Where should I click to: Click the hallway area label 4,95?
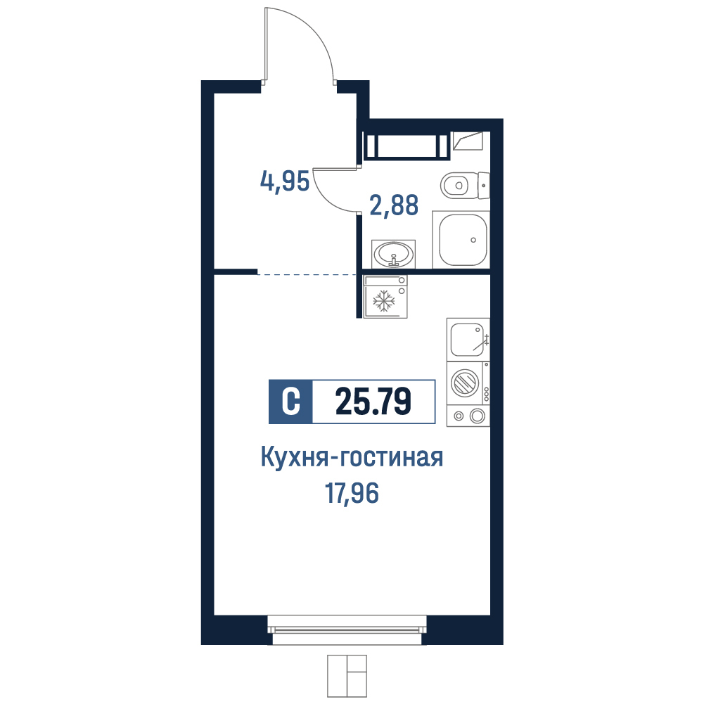[285, 181]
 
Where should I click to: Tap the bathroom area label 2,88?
[394, 205]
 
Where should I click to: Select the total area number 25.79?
[373, 402]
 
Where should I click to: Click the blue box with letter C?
[290, 402]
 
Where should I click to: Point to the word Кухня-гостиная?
[352, 458]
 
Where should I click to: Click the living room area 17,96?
[352, 493]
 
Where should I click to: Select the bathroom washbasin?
[394, 254]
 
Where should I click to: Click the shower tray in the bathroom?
[461, 240]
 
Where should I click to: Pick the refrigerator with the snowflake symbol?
[385, 297]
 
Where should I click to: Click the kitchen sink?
[468, 340]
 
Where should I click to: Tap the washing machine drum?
[465, 383]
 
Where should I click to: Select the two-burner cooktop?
[468, 416]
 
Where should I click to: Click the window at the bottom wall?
[347, 630]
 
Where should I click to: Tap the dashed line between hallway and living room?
[307, 274]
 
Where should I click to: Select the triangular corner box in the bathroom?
[468, 141]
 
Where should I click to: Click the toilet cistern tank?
[484, 185]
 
